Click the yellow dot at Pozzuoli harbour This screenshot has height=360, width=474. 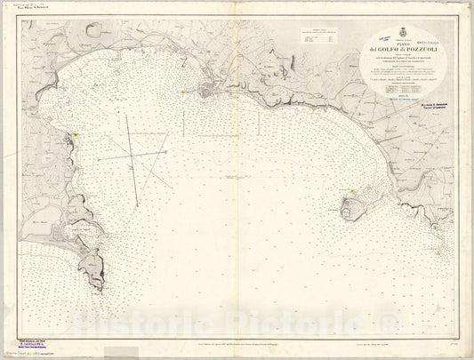pos(181,91)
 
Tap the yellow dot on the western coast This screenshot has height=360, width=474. pos(77,133)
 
